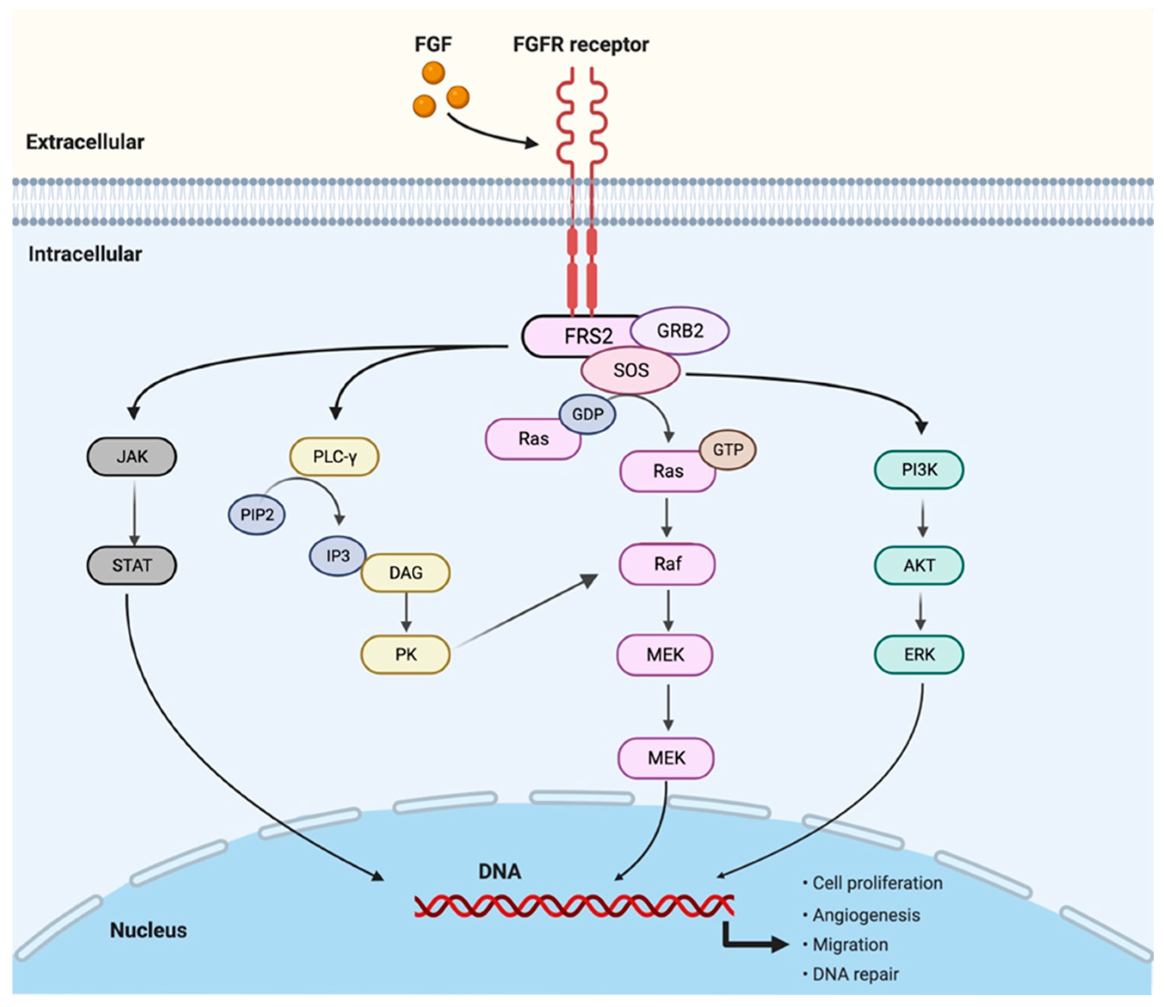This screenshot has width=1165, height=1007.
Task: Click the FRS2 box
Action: [579, 336]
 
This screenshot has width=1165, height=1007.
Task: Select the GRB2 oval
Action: [680, 331]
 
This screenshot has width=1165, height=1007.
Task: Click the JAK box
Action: [132, 456]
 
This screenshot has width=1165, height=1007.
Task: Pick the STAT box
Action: [132, 565]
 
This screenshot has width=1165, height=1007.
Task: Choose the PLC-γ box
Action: [335, 456]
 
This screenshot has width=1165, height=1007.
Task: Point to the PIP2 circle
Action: [257, 514]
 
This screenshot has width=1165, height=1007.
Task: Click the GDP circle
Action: [588, 414]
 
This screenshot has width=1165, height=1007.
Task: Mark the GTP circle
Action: [728, 450]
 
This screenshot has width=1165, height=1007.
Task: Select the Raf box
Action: [667, 564]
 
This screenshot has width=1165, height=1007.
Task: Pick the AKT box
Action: [919, 565]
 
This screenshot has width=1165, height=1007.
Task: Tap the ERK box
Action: [919, 654]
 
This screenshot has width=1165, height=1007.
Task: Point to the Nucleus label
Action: [148, 930]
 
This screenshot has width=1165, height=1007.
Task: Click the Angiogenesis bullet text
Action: [866, 915]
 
